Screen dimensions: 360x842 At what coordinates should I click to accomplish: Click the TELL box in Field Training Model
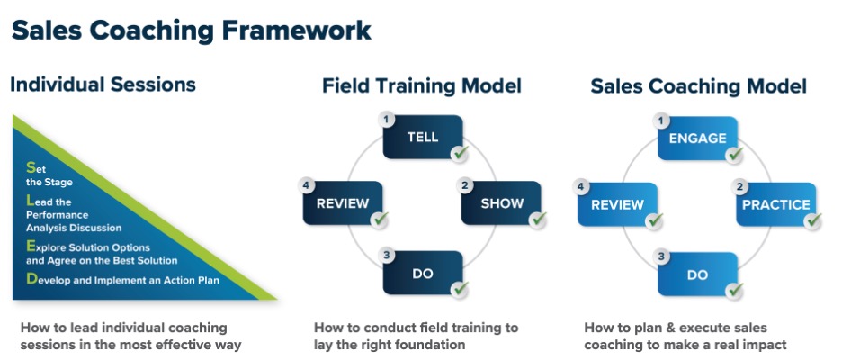[x=423, y=138]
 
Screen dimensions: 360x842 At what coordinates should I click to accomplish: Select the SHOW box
[x=501, y=203]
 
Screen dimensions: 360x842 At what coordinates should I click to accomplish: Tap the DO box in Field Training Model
[x=423, y=274]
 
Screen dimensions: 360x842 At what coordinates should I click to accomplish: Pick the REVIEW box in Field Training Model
[x=344, y=203]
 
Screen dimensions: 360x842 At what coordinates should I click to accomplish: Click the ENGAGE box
[x=697, y=139]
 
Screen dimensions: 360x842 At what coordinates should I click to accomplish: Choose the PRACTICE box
[x=775, y=204]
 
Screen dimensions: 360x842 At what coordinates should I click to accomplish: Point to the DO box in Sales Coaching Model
[x=697, y=274]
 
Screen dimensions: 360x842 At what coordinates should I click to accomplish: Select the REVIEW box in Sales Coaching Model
[x=618, y=204]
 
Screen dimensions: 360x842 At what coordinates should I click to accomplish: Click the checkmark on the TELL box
[x=460, y=154]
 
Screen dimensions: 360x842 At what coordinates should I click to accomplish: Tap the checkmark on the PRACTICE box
[x=812, y=220]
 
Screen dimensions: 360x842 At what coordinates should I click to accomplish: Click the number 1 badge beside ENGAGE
[x=662, y=119]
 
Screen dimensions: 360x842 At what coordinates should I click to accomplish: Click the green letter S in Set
[x=31, y=167]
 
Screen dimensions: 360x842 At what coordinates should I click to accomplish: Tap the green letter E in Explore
[x=31, y=246]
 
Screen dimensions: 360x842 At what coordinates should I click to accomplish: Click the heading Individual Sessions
[x=103, y=85]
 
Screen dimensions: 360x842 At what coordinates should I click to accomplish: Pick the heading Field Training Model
[x=422, y=86]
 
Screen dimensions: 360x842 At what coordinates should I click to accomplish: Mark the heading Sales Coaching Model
[x=698, y=86]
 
